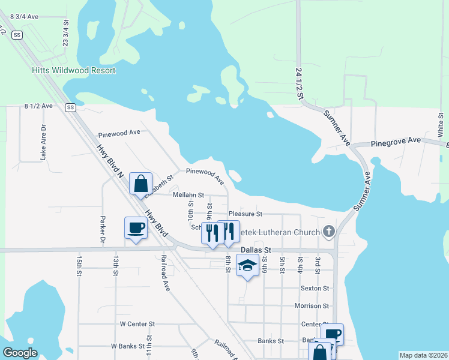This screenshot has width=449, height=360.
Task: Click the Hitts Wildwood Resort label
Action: pyautogui.click(x=73, y=70)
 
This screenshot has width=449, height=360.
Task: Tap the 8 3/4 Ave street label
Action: pyautogui.click(x=21, y=17)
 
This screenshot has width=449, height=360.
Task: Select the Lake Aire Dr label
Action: pyautogui.click(x=43, y=143)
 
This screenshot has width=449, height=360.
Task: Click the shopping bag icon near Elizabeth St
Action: pyautogui.click(x=141, y=184)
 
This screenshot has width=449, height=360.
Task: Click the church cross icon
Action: pyautogui.click(x=328, y=231)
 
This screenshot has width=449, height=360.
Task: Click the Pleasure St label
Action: pyautogui.click(x=245, y=214)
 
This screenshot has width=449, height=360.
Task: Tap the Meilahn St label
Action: pyautogui.click(x=188, y=195)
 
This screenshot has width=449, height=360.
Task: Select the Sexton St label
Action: pyautogui.click(x=315, y=288)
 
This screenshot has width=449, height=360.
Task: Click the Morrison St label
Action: pyautogui.click(x=312, y=306)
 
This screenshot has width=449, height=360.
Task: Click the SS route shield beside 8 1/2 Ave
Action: pyautogui.click(x=71, y=107)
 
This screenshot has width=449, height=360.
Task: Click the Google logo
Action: pyautogui.click(x=20, y=353)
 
